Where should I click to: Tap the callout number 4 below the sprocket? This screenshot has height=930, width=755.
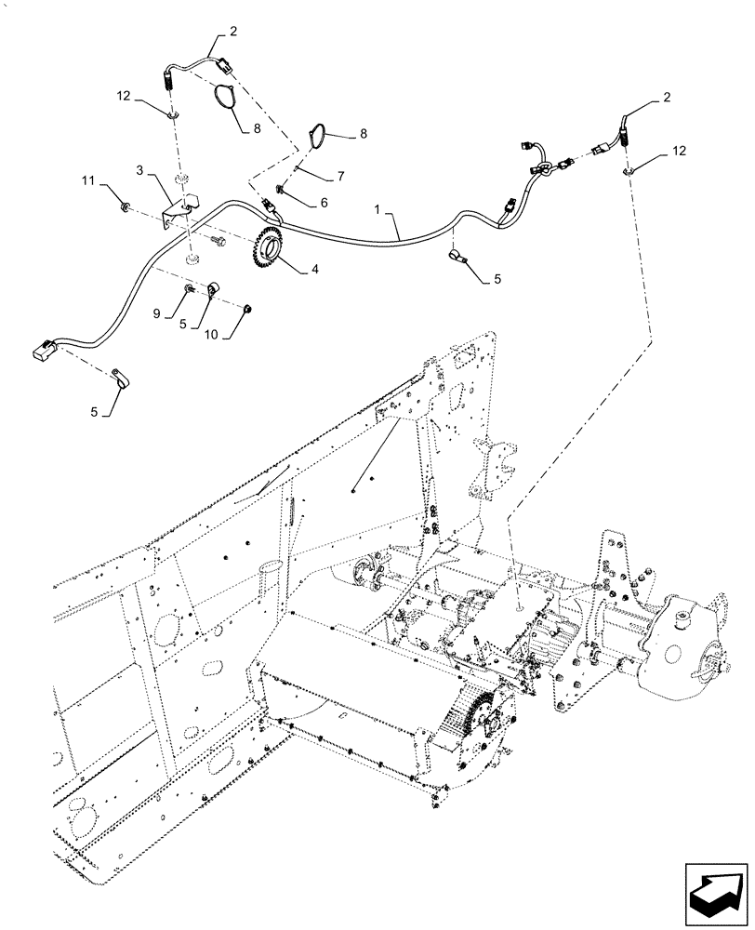[x=314, y=270]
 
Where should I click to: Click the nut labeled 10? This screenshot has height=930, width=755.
[x=250, y=308]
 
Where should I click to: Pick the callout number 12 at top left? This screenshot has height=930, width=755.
[x=124, y=96]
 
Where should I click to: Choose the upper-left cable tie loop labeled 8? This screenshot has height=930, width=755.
[x=226, y=96]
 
